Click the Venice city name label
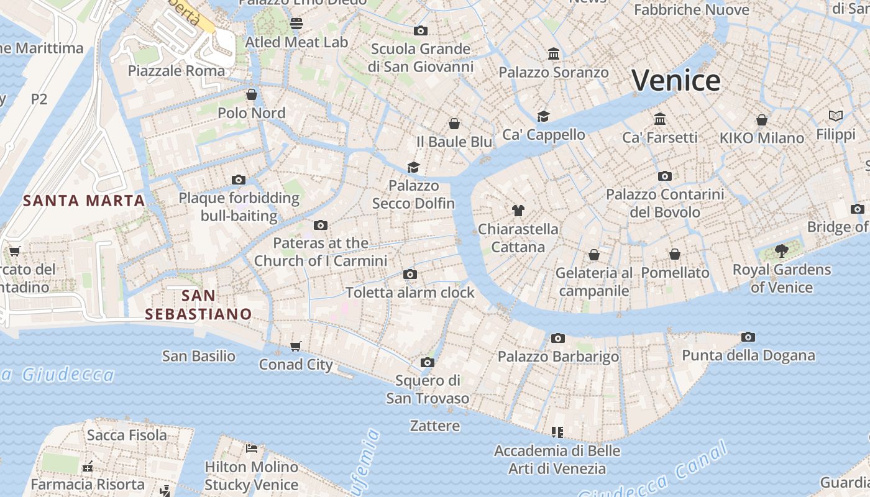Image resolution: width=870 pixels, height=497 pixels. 676,81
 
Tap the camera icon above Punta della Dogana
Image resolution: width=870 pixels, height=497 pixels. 748,337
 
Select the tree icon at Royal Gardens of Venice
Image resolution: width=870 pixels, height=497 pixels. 781,251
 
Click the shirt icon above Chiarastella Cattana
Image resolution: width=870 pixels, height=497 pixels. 518,210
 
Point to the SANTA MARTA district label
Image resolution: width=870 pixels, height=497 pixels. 84,201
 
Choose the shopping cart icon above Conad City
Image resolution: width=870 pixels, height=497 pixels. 296,346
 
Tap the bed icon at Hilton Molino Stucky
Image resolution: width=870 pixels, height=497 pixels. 252,448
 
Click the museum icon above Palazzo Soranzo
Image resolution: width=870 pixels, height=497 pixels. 554,54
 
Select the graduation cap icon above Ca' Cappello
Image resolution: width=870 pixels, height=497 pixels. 544,116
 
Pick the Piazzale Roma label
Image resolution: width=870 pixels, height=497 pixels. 176,70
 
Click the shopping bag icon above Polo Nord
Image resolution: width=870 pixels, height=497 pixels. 252,94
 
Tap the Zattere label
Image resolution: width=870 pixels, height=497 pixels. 435,426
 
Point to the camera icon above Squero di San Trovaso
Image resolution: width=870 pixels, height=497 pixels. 428,362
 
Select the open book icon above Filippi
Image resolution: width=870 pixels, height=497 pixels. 836,116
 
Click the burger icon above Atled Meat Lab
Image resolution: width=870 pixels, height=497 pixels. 296,24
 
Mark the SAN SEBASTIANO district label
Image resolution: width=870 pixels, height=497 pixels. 198,304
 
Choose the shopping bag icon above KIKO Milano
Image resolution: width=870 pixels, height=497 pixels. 762,119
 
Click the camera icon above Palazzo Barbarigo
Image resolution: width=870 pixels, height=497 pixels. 558,338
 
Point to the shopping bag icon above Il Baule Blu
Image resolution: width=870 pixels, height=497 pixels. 454,124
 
